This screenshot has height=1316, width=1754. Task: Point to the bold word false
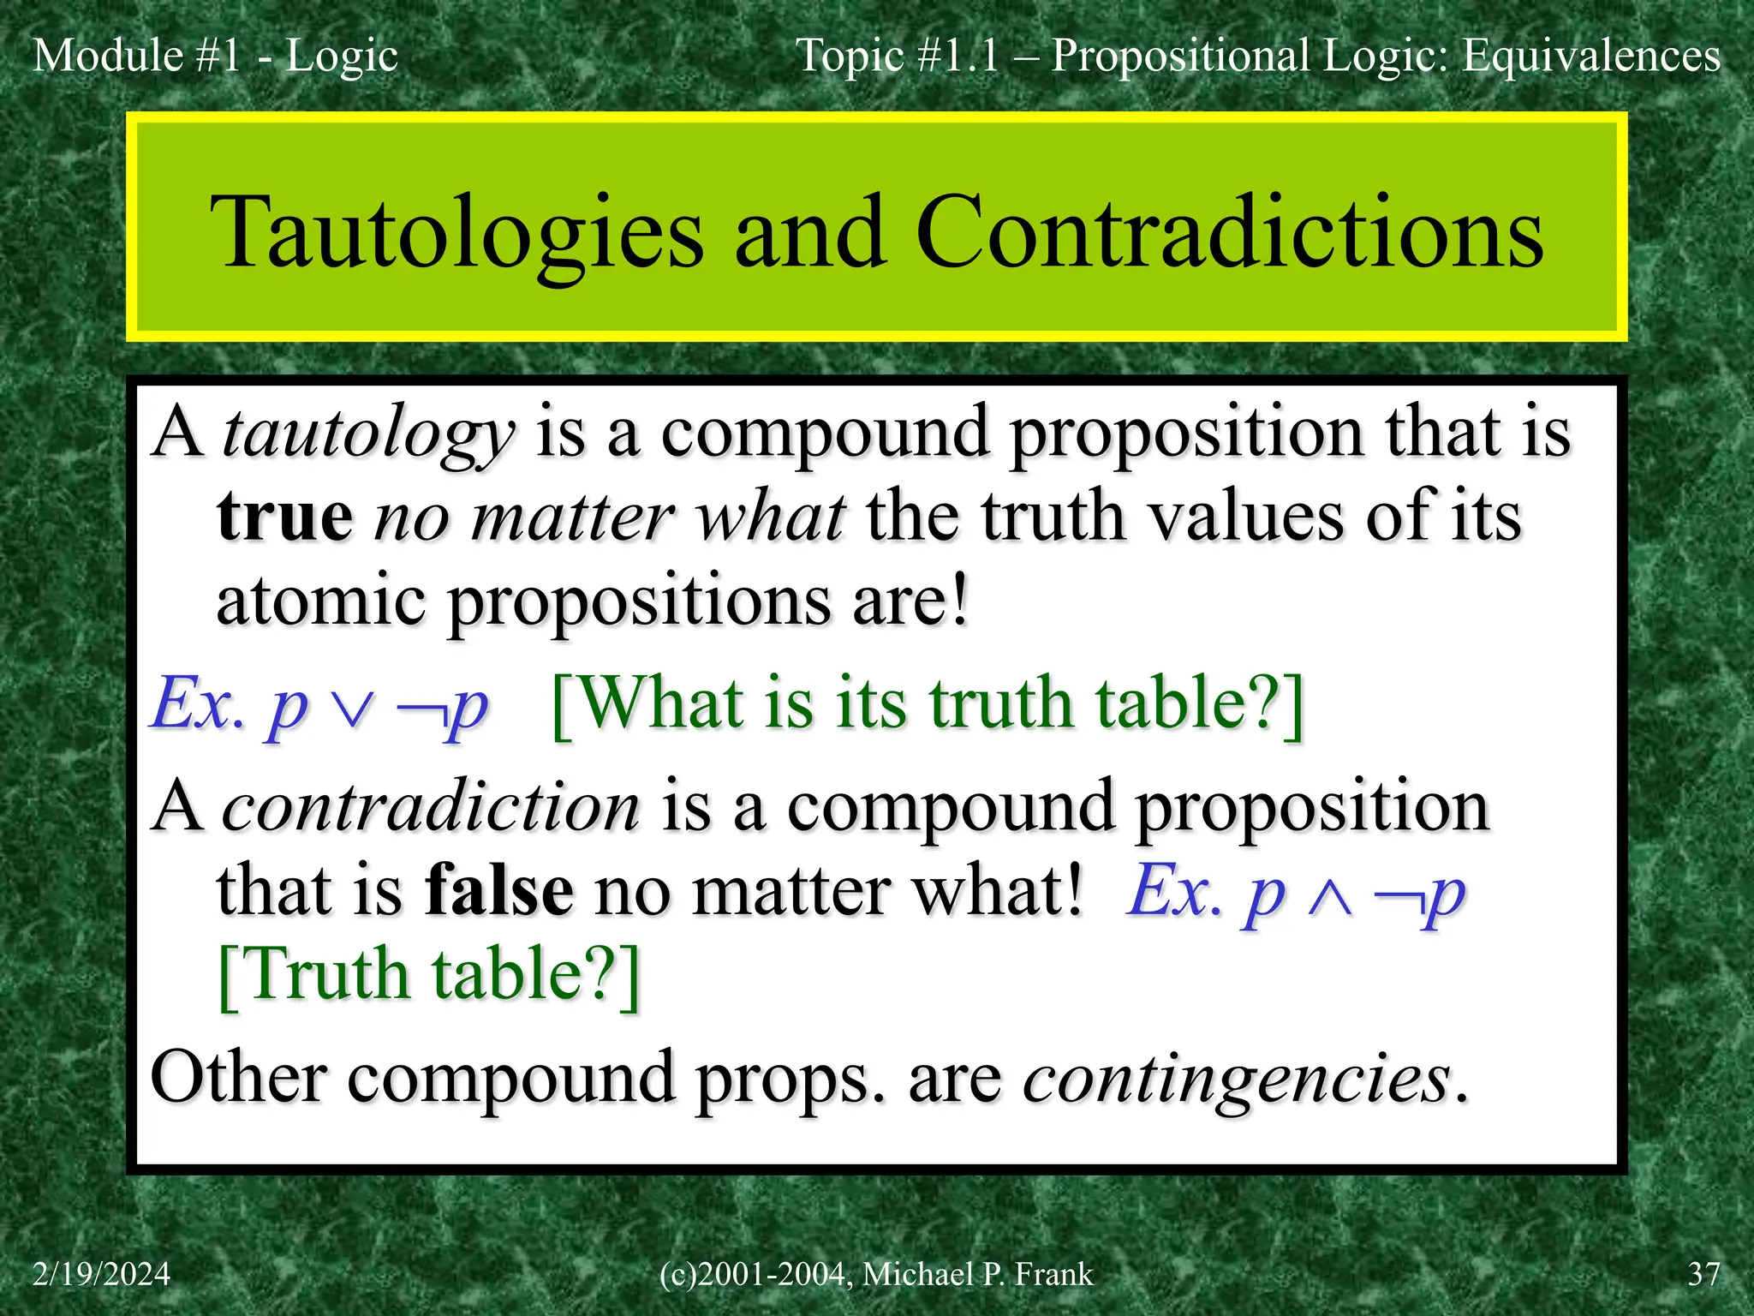[499, 891]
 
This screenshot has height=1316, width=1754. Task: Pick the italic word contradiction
[431, 807]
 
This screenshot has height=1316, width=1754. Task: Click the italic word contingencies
[1236, 1078]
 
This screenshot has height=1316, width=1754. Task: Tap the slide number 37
[1703, 1274]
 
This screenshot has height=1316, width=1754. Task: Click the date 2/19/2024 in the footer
[101, 1274]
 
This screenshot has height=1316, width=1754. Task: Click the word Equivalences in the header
[1590, 56]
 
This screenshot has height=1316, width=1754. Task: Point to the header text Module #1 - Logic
[215, 56]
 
